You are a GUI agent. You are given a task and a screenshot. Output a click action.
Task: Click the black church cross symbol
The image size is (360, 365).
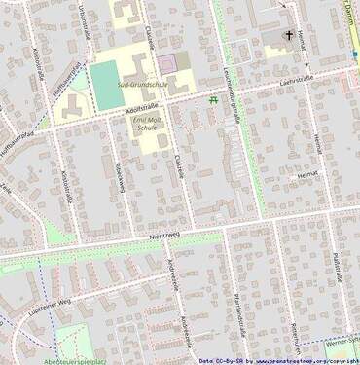(288, 37)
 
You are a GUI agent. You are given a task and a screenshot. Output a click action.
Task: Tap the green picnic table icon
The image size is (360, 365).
(213, 100)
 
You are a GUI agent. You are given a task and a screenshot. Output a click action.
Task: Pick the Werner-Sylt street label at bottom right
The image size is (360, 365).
(342, 342)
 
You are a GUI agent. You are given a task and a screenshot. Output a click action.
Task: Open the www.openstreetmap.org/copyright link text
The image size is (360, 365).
(301, 360)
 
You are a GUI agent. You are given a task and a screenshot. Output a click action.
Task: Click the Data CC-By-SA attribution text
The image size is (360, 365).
(221, 360)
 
